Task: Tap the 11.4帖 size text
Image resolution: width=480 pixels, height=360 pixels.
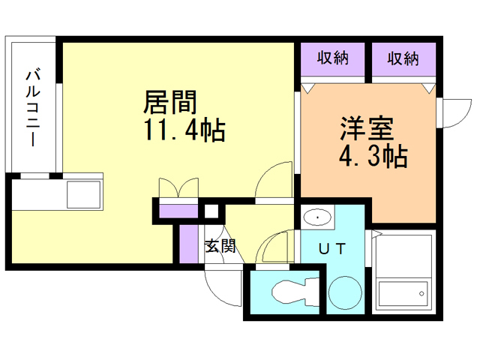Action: [184, 130]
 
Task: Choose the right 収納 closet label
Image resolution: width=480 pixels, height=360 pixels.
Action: [403, 58]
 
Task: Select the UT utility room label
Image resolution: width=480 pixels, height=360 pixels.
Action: [332, 248]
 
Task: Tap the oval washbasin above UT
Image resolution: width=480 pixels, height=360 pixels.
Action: [319, 218]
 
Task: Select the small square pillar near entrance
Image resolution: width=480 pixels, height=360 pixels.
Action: [212, 211]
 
